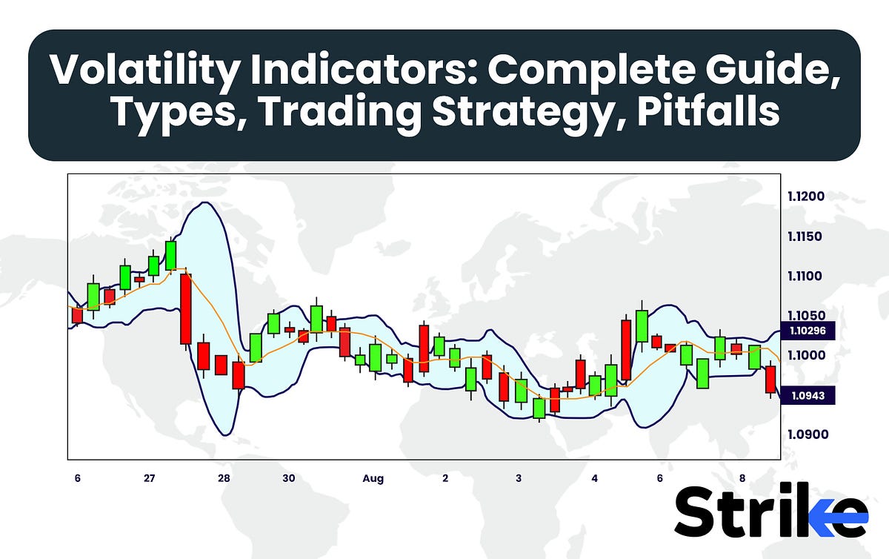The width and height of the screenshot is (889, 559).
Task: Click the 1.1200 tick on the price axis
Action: coord(807,197)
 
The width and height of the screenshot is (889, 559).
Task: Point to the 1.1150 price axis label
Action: coord(807,237)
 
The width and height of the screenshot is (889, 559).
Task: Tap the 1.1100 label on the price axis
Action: coord(807,277)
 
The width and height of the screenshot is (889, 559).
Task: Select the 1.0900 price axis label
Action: coord(807,434)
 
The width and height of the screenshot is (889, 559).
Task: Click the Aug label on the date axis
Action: coord(373,479)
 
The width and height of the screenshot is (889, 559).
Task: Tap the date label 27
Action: coord(150,479)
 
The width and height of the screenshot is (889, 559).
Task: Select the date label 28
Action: coord(224,479)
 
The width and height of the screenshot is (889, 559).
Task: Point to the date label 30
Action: coord(289,479)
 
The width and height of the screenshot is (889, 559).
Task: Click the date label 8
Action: coord(742,479)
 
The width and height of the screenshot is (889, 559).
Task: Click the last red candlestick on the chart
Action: coord(771,379)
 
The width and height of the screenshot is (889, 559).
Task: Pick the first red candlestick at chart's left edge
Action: coord(77,315)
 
